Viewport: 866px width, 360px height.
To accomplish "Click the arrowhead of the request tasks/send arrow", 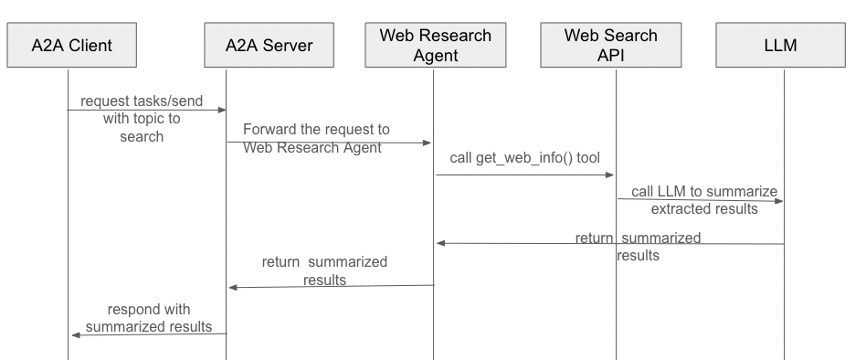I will (221, 110).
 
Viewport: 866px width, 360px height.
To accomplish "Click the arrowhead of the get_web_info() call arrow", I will (608, 175).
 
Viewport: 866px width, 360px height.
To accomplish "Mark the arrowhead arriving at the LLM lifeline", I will (778, 199).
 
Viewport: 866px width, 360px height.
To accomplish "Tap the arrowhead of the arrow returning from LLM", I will (441, 243).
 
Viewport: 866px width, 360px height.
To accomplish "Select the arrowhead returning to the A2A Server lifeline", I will (233, 287).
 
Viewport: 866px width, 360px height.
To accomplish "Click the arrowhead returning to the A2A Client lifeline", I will (76, 334).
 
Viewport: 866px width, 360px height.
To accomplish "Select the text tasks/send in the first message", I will (172, 101).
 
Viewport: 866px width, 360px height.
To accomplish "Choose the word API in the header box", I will (611, 55).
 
